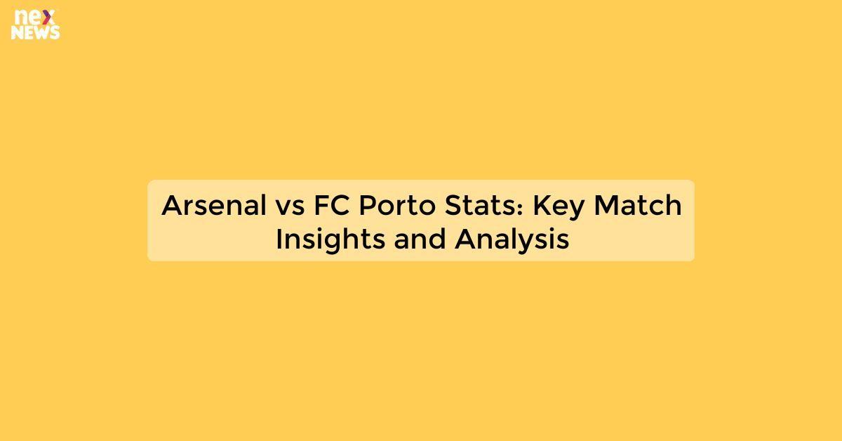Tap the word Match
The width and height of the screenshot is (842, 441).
click(x=637, y=205)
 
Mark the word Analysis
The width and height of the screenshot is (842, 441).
click(x=512, y=239)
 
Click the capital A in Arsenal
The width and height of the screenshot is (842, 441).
click(x=172, y=205)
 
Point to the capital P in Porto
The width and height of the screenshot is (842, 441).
click(x=368, y=205)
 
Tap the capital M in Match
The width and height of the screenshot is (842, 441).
click(x=607, y=205)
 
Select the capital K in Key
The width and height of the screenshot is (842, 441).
click(x=541, y=205)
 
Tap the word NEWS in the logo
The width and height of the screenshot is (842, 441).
click(x=36, y=32)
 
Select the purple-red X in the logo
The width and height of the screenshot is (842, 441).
click(x=50, y=17)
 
